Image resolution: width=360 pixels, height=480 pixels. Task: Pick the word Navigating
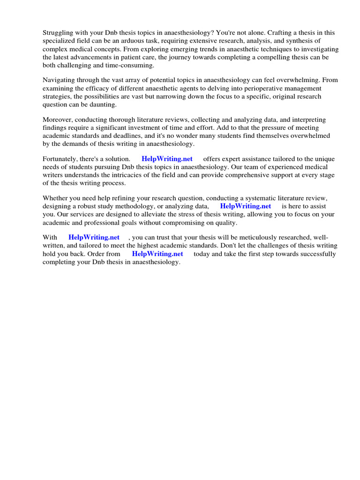tap(59, 80)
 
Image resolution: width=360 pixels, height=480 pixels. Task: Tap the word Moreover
tap(58, 120)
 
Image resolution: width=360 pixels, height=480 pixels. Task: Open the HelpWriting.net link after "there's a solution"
tap(167, 159)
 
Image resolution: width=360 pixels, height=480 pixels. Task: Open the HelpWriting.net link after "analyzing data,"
tap(246, 206)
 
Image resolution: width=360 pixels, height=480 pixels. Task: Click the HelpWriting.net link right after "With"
tap(94, 238)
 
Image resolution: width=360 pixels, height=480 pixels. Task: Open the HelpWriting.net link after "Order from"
tap(157, 254)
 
